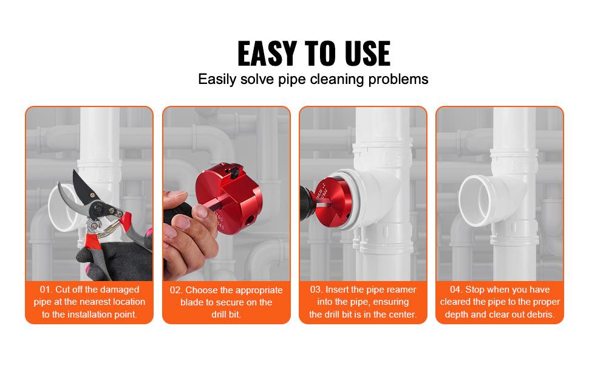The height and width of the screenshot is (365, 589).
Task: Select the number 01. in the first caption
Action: [x=48, y=290]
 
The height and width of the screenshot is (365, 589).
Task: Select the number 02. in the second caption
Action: [x=176, y=290]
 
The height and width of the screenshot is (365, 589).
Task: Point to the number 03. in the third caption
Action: [x=317, y=290]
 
